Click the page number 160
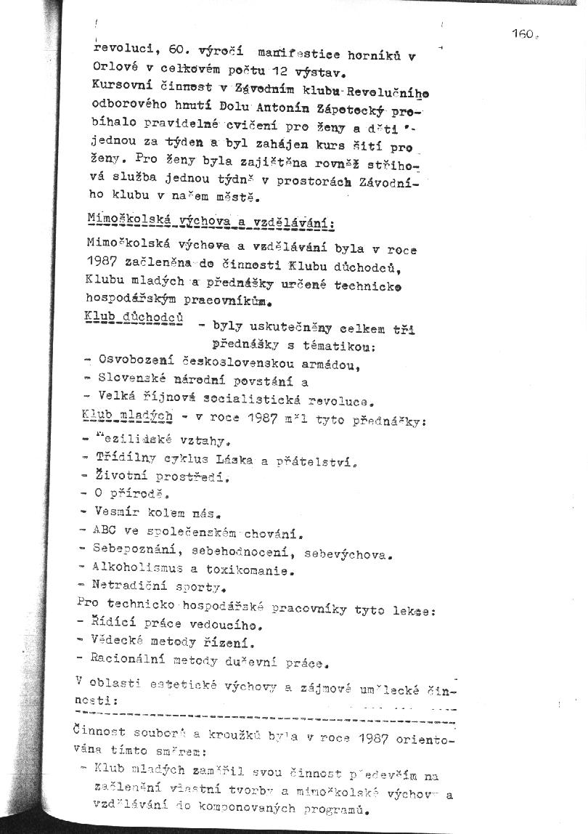[522, 33]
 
